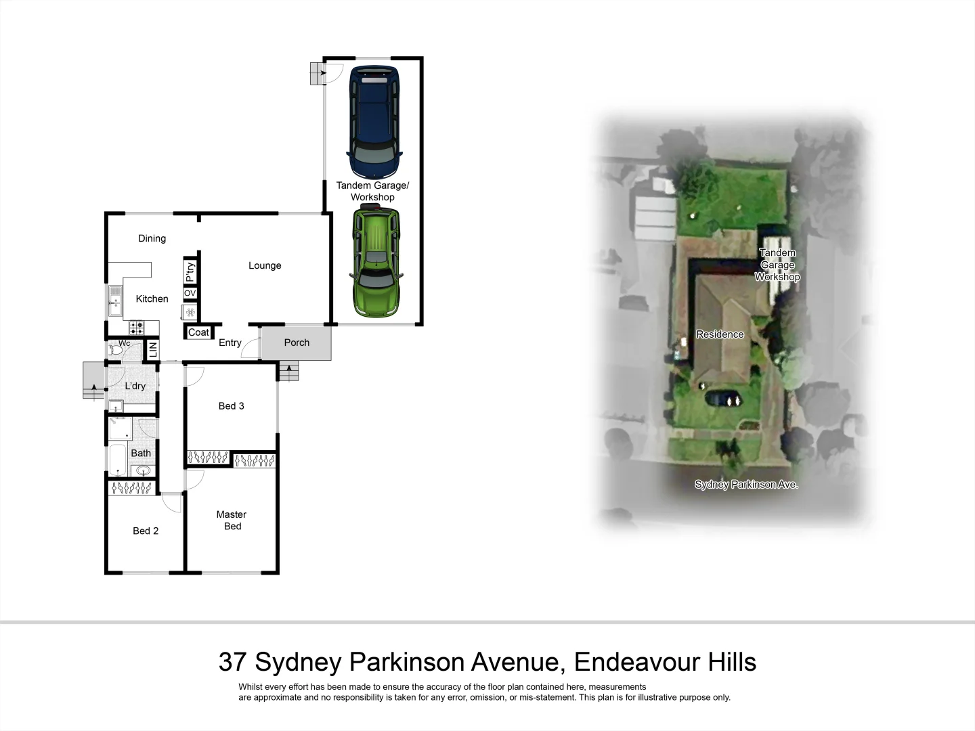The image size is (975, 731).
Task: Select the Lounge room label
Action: tap(265, 265)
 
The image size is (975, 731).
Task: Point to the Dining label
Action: tap(152, 238)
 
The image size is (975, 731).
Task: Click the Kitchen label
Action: tap(152, 298)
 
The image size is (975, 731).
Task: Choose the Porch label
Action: tap(297, 342)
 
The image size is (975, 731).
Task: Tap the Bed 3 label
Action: tap(231, 406)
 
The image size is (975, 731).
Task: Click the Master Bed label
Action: tap(232, 520)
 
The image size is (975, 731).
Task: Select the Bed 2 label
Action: tap(146, 531)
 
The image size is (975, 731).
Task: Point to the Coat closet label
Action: tap(198, 332)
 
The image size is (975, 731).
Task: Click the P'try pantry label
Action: tap(190, 271)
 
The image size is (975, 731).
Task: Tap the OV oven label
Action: tap(190, 293)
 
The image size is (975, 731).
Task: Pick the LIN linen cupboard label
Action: tap(153, 350)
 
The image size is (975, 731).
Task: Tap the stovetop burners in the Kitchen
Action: tap(136, 328)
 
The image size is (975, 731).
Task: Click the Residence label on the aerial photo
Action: tap(720, 334)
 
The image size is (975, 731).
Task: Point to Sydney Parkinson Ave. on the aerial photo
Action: tap(746, 485)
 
